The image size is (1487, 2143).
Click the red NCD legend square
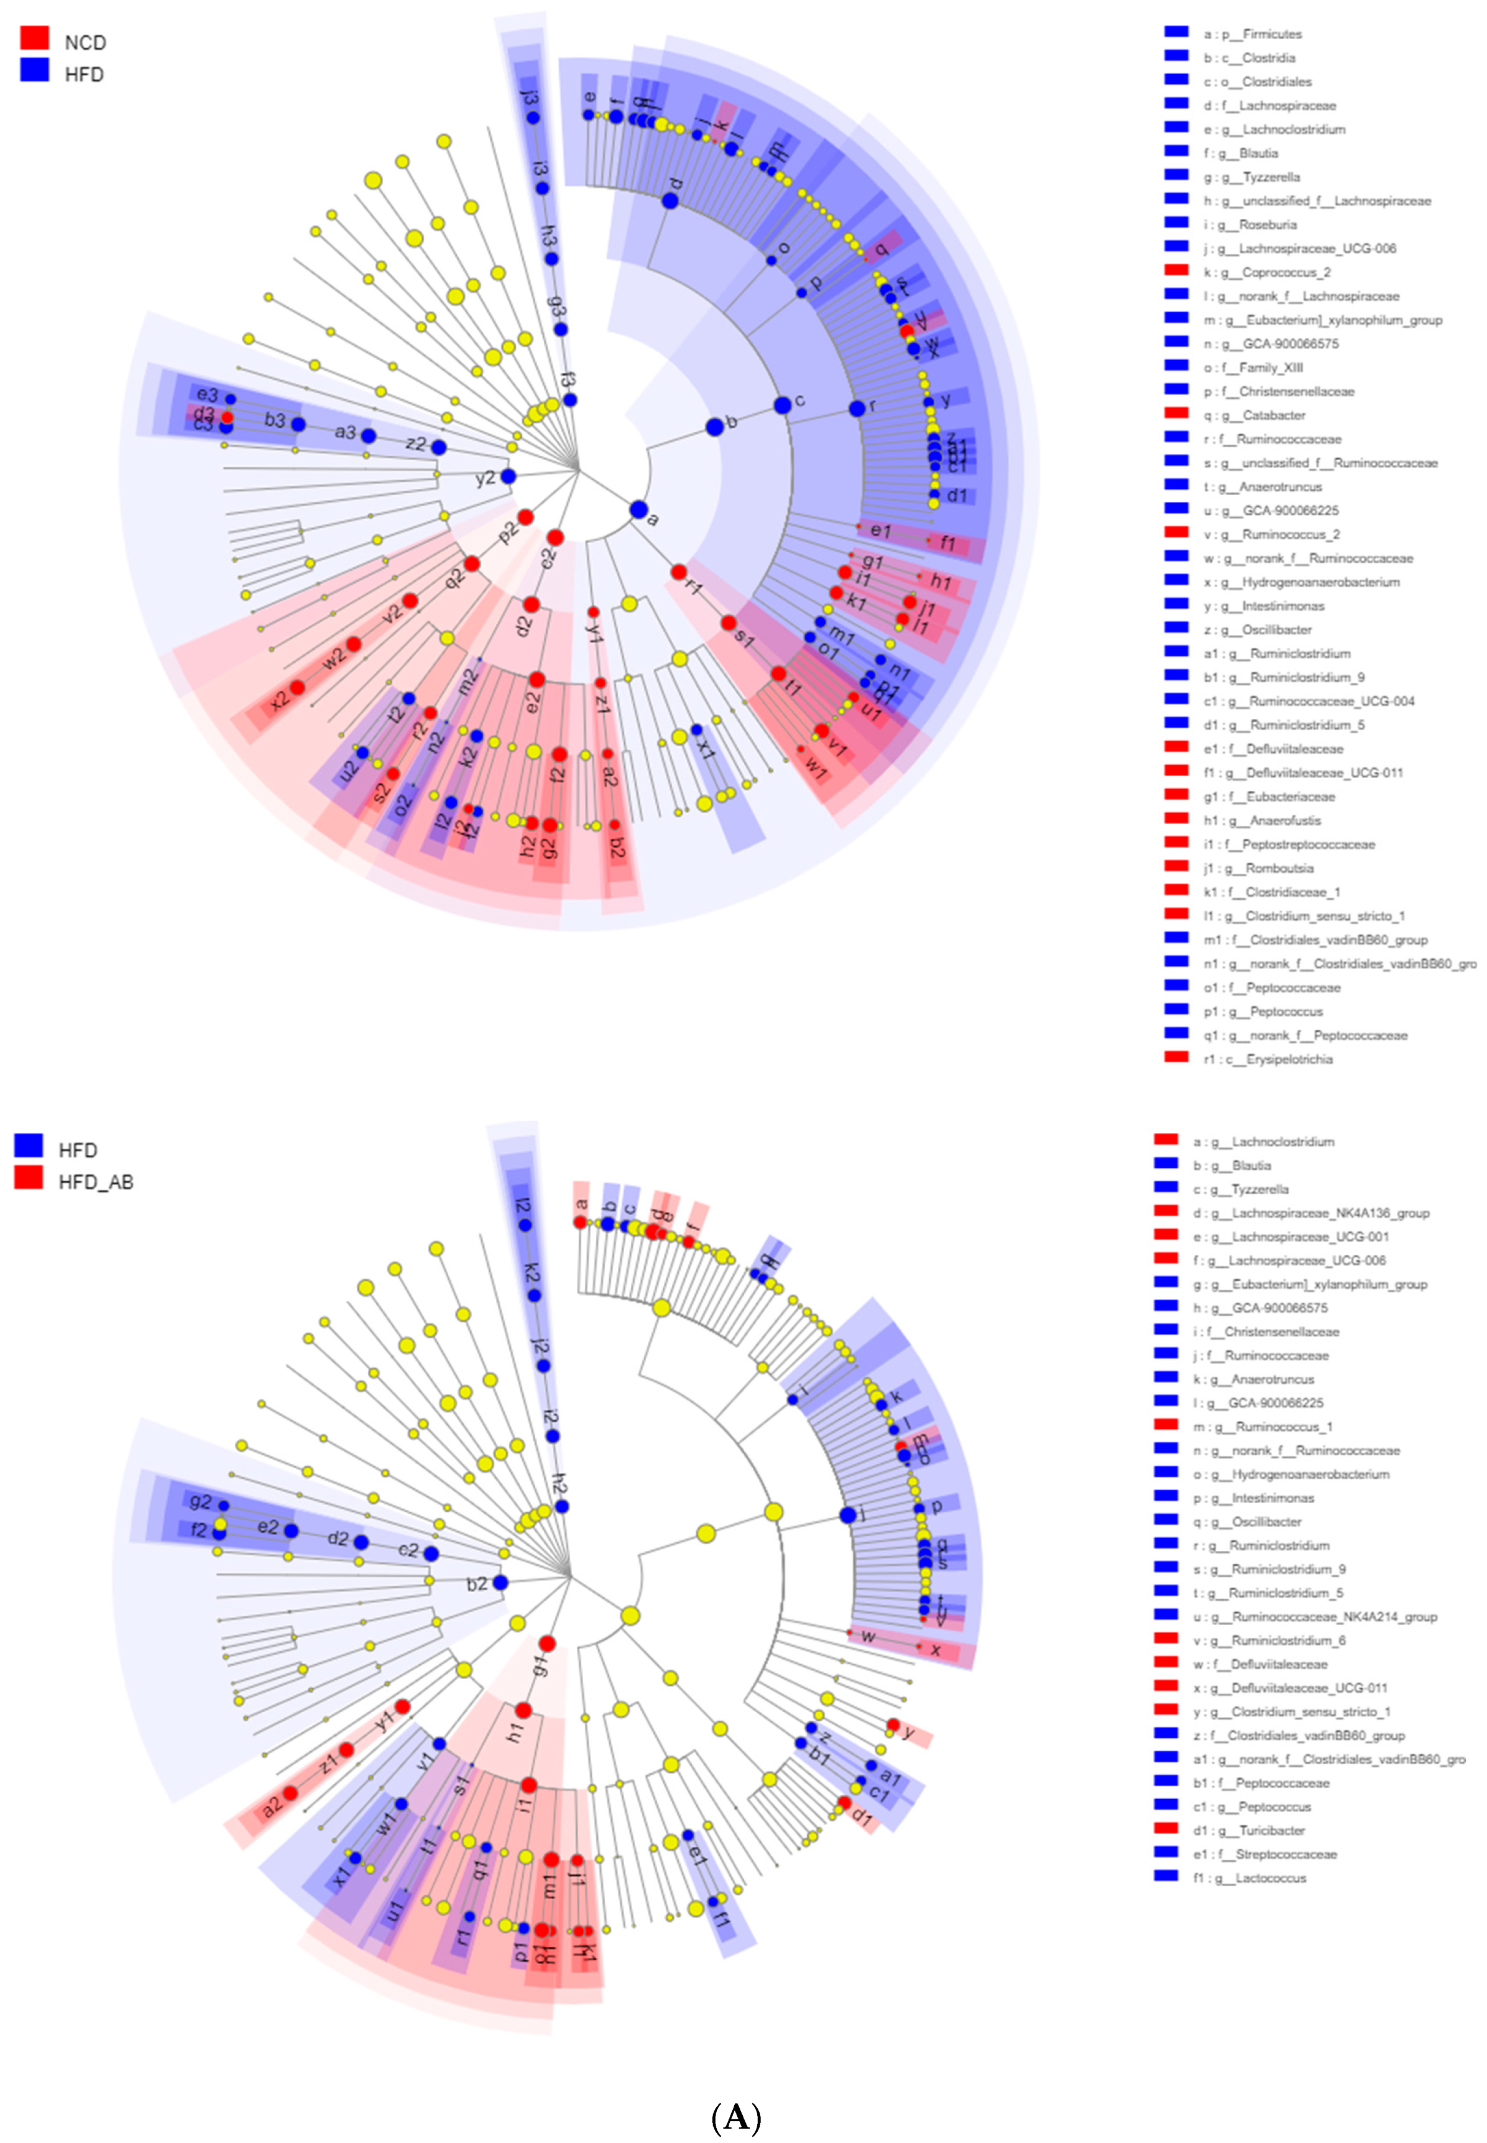(34, 38)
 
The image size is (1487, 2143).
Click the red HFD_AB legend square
(29, 1177)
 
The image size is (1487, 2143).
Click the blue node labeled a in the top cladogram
(638, 509)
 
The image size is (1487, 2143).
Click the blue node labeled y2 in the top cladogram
(508, 476)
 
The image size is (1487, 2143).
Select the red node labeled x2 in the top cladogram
(297, 688)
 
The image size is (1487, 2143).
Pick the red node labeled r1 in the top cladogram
(679, 572)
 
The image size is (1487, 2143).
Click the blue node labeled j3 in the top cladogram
(533, 118)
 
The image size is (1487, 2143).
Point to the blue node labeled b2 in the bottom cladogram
(500, 1582)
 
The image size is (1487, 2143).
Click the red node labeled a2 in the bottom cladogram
(291, 1792)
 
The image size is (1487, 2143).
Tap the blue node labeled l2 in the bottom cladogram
(525, 1225)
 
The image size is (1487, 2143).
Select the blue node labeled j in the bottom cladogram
(848, 1515)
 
